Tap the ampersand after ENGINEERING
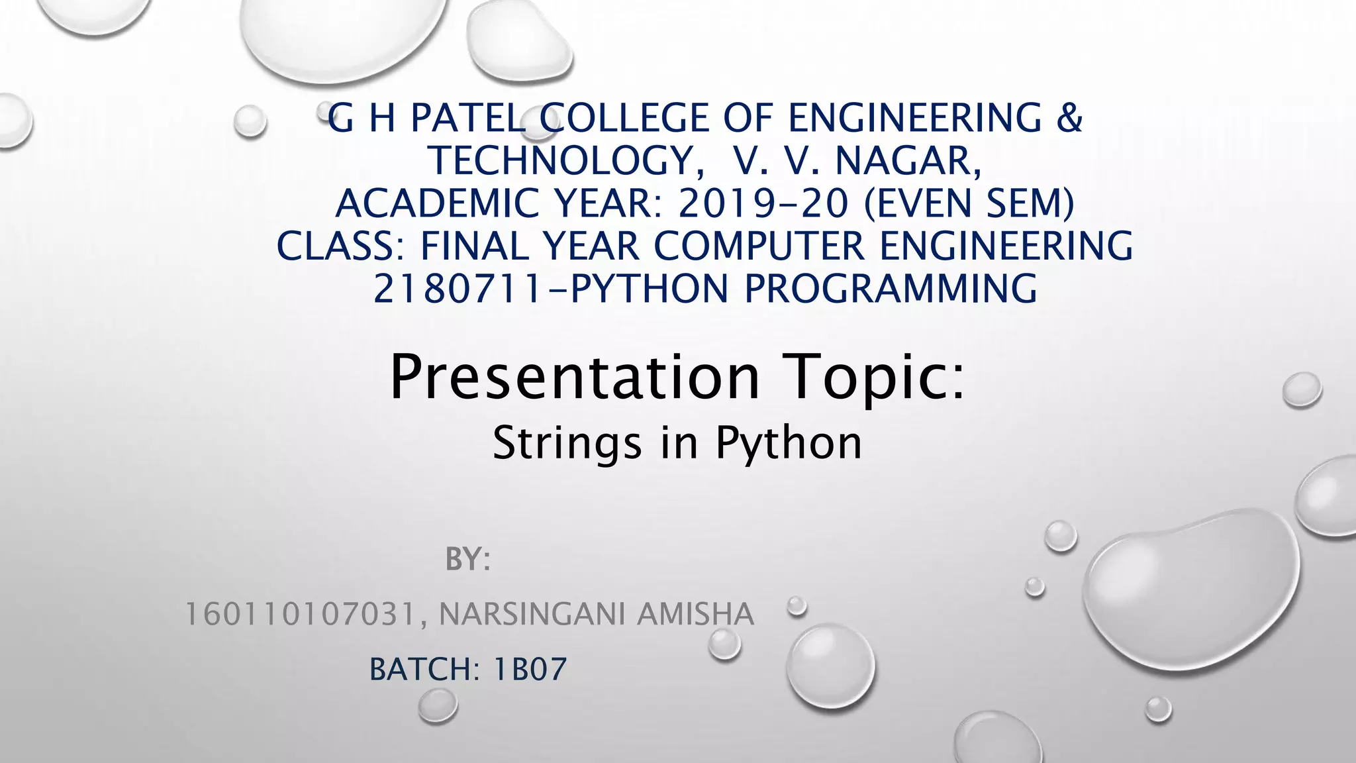click(x=1067, y=119)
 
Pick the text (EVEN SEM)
click(x=969, y=203)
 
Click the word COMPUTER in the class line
click(x=759, y=246)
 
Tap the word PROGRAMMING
click(x=891, y=289)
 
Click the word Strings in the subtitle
click(x=567, y=443)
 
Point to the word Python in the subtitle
click(x=789, y=443)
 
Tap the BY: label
click(x=467, y=560)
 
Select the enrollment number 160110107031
click(x=301, y=614)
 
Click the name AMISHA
click(x=695, y=614)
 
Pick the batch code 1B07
click(x=530, y=669)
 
